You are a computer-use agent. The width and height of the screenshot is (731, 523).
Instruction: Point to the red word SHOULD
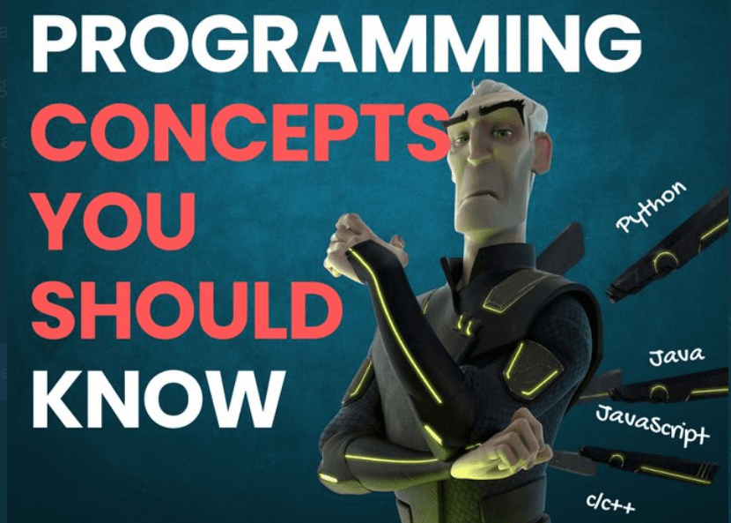click(x=187, y=310)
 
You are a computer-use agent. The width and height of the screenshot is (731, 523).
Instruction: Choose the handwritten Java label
click(x=676, y=356)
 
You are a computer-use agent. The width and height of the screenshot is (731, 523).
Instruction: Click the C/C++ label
click(x=610, y=503)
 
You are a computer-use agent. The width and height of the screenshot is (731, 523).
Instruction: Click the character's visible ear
click(x=542, y=150)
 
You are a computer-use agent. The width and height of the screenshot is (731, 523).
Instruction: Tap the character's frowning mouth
click(x=475, y=197)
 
